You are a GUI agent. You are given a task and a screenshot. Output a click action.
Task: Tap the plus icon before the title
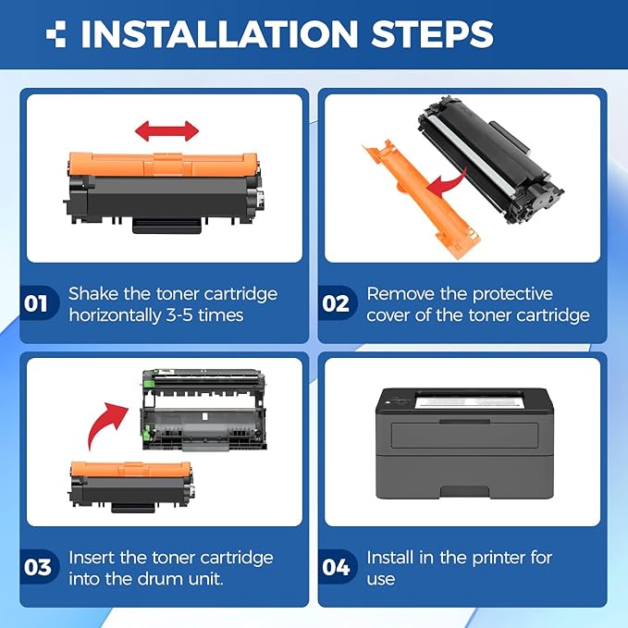(x=57, y=35)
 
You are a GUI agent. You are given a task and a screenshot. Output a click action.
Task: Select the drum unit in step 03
(x=203, y=413)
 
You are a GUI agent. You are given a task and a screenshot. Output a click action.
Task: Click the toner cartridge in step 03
(x=131, y=486)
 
